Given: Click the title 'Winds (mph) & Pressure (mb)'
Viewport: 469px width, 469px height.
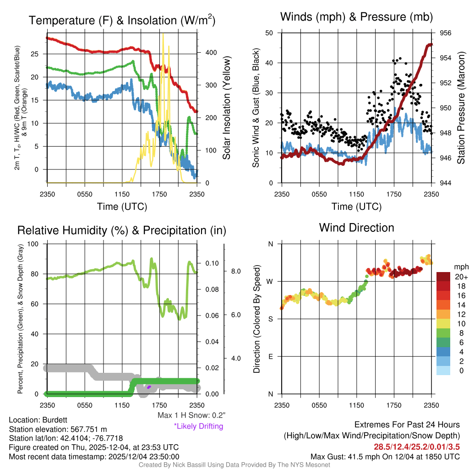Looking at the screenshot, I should coord(356,17).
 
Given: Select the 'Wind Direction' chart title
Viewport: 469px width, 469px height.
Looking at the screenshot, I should coord(356,228).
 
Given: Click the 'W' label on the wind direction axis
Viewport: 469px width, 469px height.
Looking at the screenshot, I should coord(270,281).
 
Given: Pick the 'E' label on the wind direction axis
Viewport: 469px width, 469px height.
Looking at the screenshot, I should coord(271,356).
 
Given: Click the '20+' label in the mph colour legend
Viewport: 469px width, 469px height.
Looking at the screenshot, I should coord(460,277).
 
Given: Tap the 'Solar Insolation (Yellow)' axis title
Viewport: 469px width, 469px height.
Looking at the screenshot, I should coord(226,108).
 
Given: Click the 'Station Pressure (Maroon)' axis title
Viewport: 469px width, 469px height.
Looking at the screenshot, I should coord(461,108).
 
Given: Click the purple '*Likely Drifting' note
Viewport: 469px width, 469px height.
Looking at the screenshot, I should coord(198,426).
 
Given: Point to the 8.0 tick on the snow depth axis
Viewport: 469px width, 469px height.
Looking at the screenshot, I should coord(235,272).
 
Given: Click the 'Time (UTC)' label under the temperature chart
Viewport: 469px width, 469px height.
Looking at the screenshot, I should coord(122,207).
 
